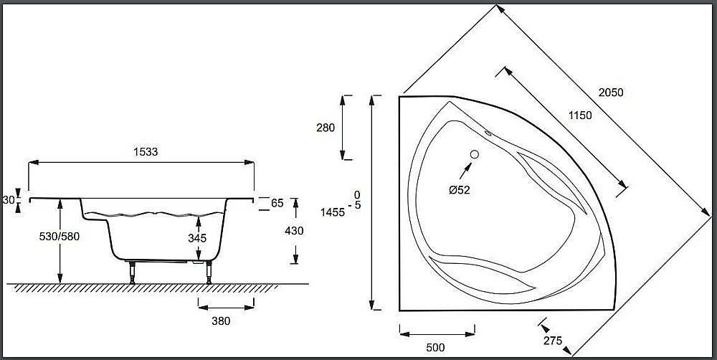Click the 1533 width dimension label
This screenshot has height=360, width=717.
click(x=145, y=152)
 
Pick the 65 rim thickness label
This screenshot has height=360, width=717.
click(x=277, y=203)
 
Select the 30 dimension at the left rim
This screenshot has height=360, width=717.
click(x=9, y=201)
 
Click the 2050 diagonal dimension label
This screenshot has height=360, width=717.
click(x=612, y=92)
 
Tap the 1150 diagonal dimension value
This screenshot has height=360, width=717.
click(x=580, y=115)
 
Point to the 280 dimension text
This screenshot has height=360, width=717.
click(x=325, y=128)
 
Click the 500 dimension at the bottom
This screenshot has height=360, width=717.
click(x=435, y=348)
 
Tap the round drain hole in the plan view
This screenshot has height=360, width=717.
click(x=474, y=153)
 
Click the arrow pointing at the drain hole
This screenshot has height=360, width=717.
click(x=465, y=169)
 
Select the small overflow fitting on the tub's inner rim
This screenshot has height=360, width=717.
click(x=488, y=132)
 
